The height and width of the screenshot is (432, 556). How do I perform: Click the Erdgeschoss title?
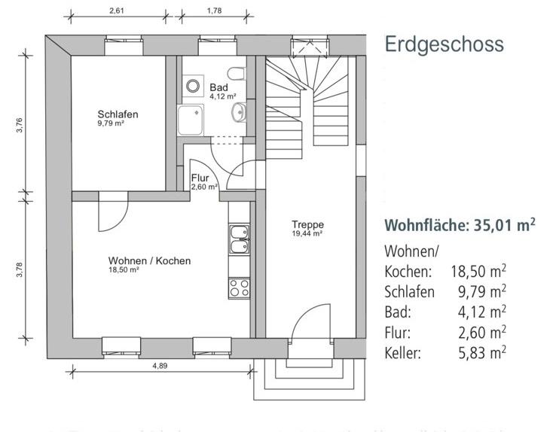pyautogui.click(x=444, y=44)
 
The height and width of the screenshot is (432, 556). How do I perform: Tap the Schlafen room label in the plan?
pyautogui.click(x=118, y=115)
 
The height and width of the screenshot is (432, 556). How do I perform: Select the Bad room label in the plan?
pyautogui.click(x=219, y=88)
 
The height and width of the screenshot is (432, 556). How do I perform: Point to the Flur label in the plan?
pyautogui.click(x=200, y=178)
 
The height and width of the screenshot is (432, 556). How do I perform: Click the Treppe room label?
pyautogui.click(x=307, y=224)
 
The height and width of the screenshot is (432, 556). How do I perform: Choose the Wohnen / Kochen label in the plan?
pyautogui.click(x=149, y=261)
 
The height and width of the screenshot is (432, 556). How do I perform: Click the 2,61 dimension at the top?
pyautogui.click(x=117, y=11)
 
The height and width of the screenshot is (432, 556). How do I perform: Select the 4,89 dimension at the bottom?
pyautogui.click(x=159, y=367)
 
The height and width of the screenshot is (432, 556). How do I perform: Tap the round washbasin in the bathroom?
pyautogui.click(x=239, y=114)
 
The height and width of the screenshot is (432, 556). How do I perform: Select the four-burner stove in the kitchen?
pyautogui.click(x=239, y=287)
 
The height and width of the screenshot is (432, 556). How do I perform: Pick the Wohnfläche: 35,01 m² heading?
pyautogui.click(x=460, y=225)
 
